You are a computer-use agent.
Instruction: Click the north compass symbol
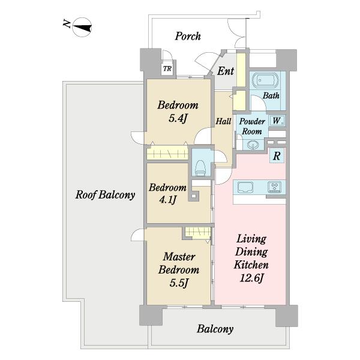pos(82,28)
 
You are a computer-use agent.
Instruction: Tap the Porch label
pos(188,36)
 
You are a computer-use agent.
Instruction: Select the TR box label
pos(167,68)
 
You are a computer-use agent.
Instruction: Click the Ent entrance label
pos(226,71)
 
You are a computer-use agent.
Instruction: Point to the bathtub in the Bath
pos(265,80)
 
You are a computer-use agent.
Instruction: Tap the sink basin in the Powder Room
pos(253,145)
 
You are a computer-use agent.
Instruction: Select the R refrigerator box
pos(277,156)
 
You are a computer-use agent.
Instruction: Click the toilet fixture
pos(200,168)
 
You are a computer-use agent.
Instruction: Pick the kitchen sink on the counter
pos(245,187)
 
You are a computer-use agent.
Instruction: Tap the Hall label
pos(223,121)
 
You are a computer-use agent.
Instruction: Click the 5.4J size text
pos(178,118)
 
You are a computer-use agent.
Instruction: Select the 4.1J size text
pos(167,200)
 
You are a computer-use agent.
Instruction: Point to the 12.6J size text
pos(251,278)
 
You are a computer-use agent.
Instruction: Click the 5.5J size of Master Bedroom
pos(179,283)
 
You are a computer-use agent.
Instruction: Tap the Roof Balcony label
pos(105,195)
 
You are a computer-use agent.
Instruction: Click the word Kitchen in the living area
pos(251,265)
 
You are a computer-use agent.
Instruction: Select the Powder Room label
pos(252,126)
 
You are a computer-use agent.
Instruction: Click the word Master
pos(179,257)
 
